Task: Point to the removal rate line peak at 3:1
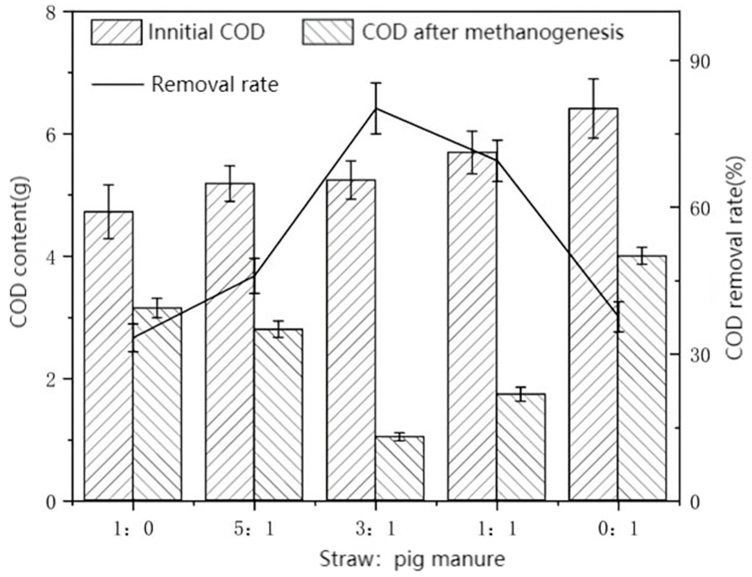376,109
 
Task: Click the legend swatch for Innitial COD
116,32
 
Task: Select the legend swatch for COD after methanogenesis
327,32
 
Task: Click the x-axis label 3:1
376,530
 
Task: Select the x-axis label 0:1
619,530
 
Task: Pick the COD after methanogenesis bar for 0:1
642,377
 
